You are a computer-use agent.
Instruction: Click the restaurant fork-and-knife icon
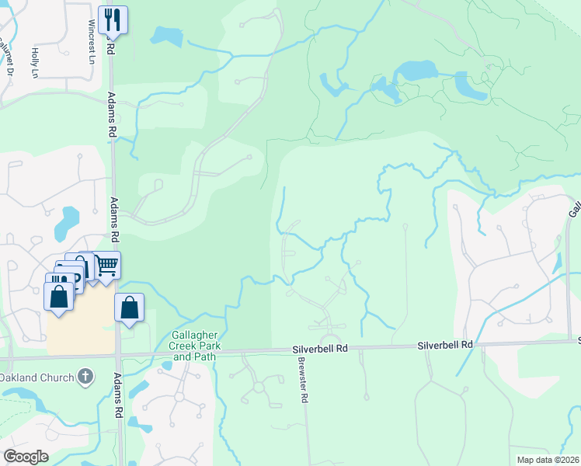click(x=113, y=19)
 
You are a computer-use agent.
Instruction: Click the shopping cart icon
click(x=106, y=266)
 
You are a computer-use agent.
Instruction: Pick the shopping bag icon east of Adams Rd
click(x=130, y=307)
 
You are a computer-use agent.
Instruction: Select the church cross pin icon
click(x=85, y=378)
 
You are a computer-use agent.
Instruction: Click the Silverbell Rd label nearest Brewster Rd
click(x=319, y=349)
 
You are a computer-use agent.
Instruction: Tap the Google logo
click(x=25, y=457)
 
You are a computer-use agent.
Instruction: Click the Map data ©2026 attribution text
click(x=548, y=460)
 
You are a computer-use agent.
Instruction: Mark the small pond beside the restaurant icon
click(x=165, y=35)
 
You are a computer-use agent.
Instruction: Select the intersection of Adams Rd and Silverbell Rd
click(x=118, y=356)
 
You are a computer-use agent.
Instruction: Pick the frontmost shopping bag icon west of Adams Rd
click(x=60, y=296)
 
